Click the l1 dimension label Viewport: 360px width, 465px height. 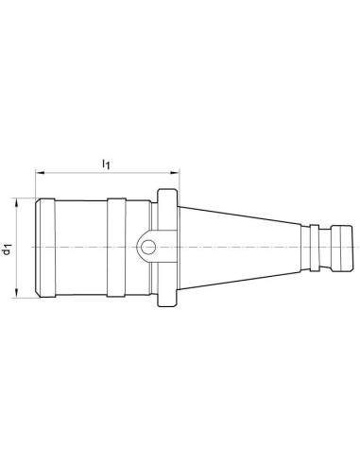click(106, 164)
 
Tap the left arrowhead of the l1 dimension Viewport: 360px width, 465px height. click(40, 172)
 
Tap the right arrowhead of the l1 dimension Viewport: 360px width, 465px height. click(175, 172)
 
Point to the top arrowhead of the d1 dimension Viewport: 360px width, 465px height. click(16, 202)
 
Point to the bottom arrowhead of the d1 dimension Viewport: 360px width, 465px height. click(16, 293)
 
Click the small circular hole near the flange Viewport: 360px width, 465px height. click(148, 247)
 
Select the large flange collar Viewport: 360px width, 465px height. click(167, 248)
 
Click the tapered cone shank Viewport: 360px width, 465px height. click(239, 248)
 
